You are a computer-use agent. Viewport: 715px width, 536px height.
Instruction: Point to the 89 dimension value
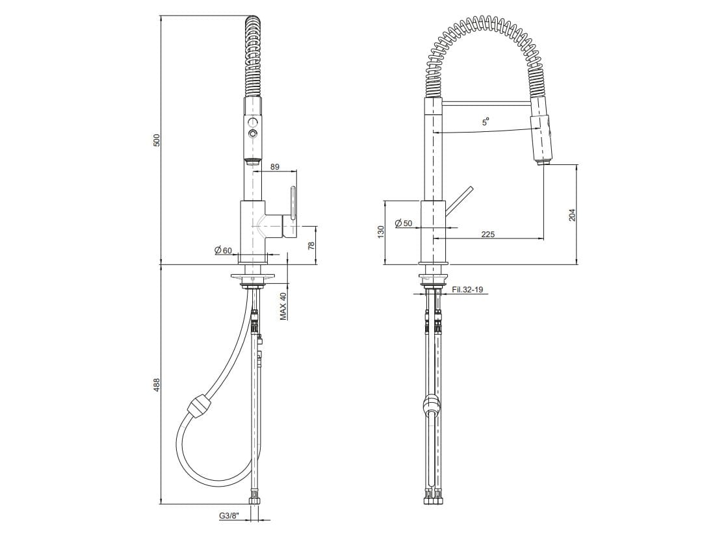(x=274, y=167)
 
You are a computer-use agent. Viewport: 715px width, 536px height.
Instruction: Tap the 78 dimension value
(x=311, y=246)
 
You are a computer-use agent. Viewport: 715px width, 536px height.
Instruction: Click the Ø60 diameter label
(x=222, y=250)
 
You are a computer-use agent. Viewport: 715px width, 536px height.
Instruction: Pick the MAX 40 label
(x=283, y=306)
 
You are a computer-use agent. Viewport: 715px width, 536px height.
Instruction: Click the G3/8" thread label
(x=229, y=516)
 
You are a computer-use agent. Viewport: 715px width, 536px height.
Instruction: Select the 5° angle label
(x=485, y=121)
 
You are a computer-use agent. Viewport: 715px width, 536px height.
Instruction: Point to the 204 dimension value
(x=572, y=214)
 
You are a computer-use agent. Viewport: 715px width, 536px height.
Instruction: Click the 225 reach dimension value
(x=488, y=235)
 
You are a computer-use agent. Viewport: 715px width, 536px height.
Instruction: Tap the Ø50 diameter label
(x=403, y=223)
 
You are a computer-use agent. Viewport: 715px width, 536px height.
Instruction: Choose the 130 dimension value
(x=381, y=231)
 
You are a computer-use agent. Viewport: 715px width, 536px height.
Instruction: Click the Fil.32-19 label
(x=467, y=290)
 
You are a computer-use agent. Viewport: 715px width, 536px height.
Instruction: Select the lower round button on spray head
(x=251, y=134)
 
